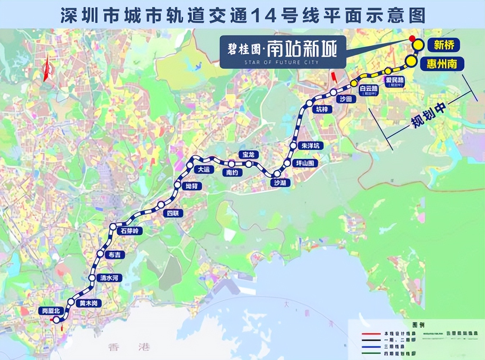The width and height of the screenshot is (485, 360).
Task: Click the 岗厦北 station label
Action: [x=51, y=311]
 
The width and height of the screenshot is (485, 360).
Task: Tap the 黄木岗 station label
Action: [x=89, y=303]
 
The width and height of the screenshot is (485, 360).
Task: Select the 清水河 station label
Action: [x=109, y=278]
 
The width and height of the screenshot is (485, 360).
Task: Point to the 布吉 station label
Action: [x=115, y=255]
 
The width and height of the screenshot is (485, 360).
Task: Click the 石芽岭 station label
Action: [x=129, y=231]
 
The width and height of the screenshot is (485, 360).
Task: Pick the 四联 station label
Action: [x=173, y=213]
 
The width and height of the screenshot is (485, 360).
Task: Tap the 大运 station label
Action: [x=204, y=169]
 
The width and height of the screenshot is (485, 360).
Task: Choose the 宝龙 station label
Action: [x=249, y=154]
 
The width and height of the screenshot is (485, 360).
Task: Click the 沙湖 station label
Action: [x=280, y=183]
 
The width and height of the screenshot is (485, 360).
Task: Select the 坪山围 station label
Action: [x=305, y=163]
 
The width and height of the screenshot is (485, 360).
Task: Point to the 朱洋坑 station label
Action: [x=310, y=146]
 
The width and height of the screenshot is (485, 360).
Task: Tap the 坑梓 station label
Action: [x=322, y=109]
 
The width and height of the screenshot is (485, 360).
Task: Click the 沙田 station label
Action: [x=345, y=99]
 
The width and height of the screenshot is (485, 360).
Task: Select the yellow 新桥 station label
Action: [x=444, y=45]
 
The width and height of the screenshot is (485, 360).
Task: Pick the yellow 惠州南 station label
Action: [x=442, y=64]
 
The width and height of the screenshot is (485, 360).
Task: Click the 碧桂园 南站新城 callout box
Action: [x=283, y=52]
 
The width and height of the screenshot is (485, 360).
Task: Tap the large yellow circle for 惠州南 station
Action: [x=411, y=61]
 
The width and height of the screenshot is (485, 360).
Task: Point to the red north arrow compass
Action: [x=46, y=68]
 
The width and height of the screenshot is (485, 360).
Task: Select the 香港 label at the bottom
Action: [x=129, y=347]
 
